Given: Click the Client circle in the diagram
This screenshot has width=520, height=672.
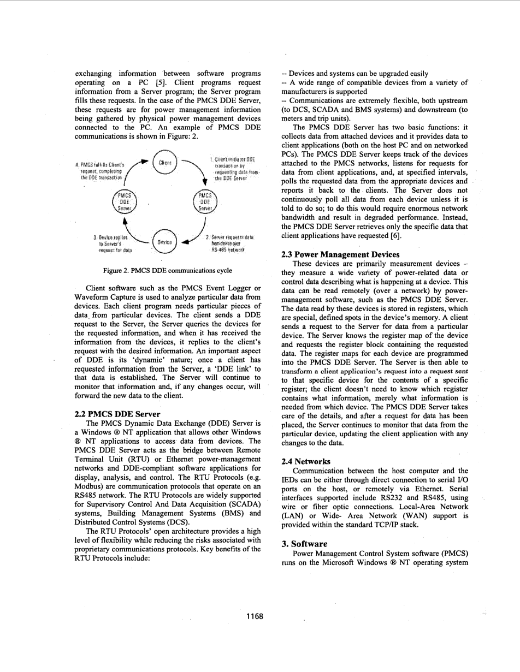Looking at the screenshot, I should click(164, 163).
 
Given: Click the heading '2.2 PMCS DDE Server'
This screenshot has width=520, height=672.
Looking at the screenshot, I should click(117, 414).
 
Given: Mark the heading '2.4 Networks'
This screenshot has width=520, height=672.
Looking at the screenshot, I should click(306, 461).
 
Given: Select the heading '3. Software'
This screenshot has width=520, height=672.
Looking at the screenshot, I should click(304, 544).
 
